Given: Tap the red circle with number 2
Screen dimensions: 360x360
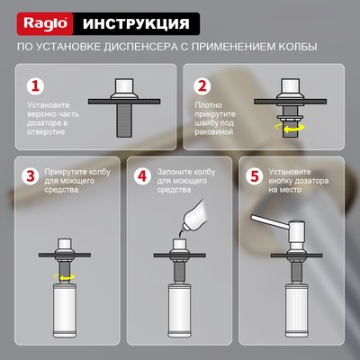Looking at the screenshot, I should click(x=202, y=86).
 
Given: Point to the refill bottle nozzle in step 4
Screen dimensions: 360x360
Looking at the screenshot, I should click(x=181, y=231).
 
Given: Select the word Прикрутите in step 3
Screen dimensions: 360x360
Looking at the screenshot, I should click(x=69, y=171).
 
